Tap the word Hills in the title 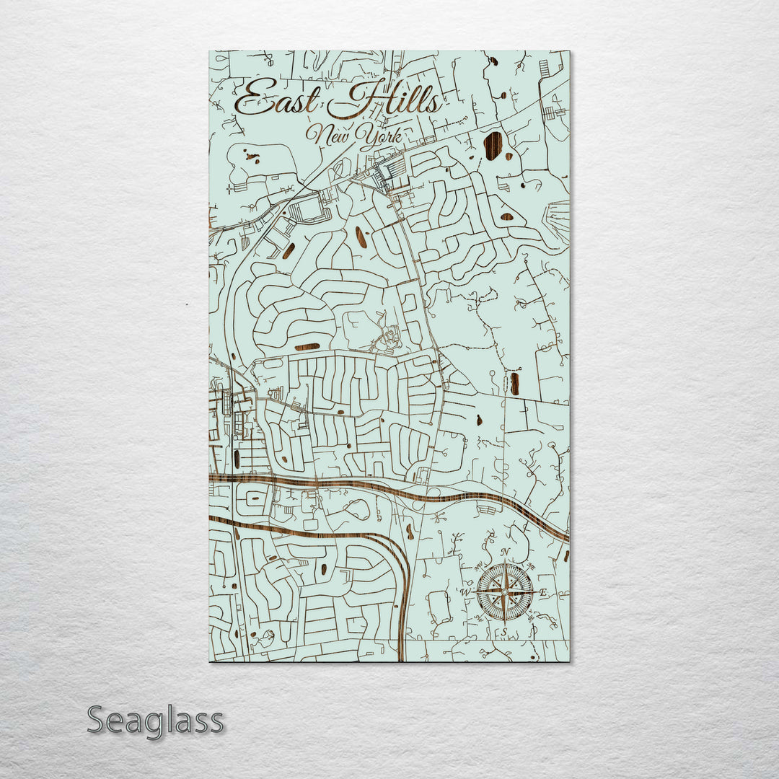(x=386, y=100)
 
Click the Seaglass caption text (x=155, y=721)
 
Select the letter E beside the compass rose (x=544, y=593)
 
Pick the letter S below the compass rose (x=505, y=633)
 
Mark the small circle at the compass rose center (x=505, y=592)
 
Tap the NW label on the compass (x=479, y=565)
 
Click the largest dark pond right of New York (x=493, y=146)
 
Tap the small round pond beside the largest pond (x=509, y=156)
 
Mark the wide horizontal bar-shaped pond (x=307, y=347)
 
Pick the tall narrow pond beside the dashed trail (x=514, y=383)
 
